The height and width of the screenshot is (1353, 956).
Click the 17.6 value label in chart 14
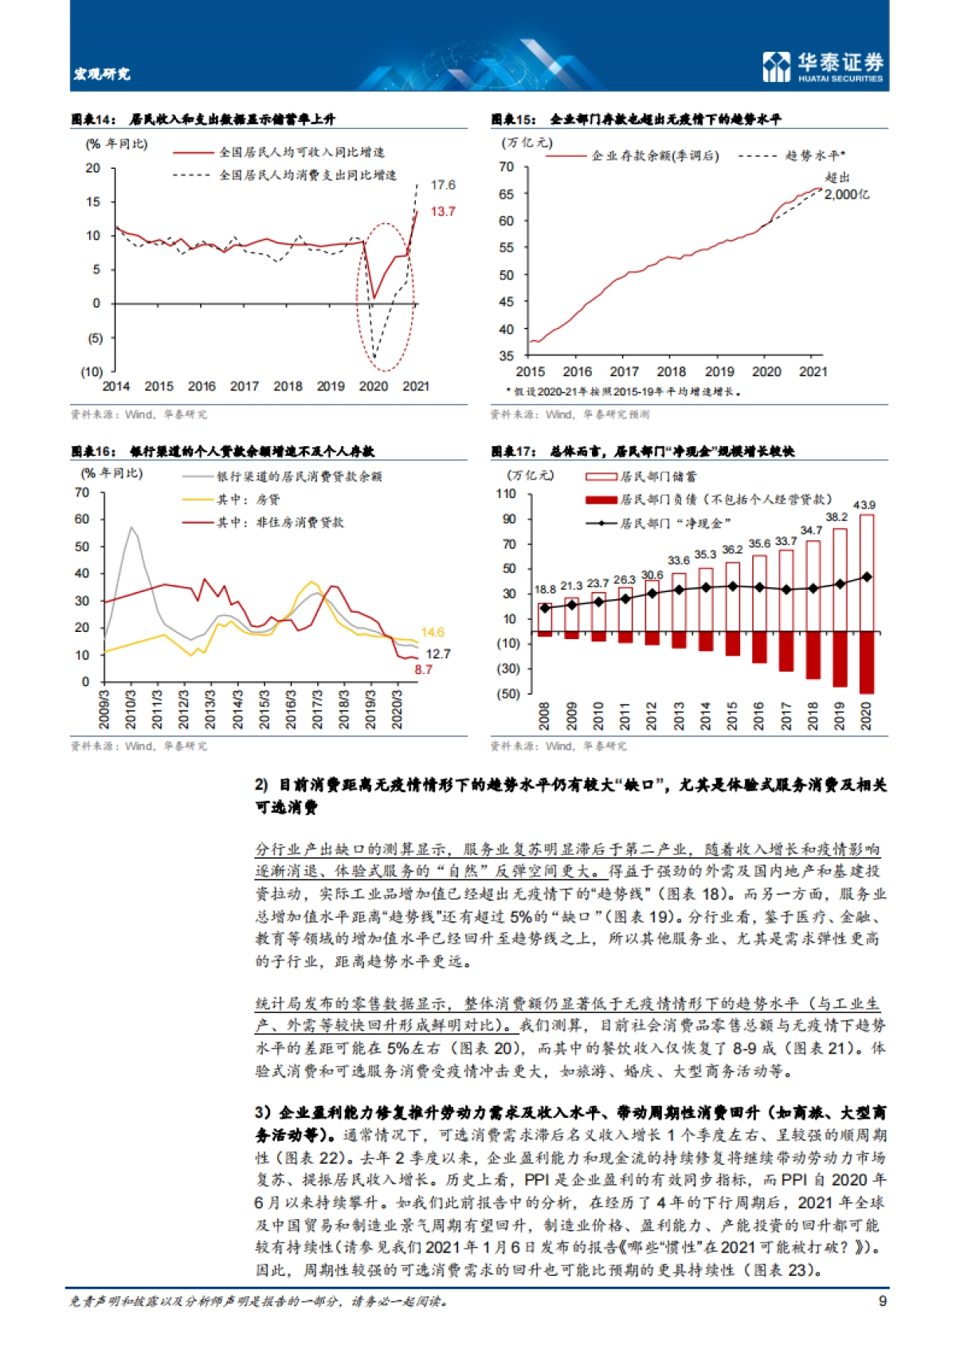click(x=443, y=185)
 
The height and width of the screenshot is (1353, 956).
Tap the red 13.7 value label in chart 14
click(x=443, y=211)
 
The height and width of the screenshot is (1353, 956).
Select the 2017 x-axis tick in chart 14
click(x=244, y=386)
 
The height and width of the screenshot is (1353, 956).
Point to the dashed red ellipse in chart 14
click(x=385, y=296)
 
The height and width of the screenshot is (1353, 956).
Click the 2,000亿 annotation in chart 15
click(x=846, y=194)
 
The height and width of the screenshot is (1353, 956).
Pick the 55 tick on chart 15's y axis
click(x=507, y=248)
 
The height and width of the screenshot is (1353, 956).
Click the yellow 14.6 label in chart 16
click(x=432, y=633)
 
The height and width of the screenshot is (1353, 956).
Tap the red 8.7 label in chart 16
click(x=423, y=669)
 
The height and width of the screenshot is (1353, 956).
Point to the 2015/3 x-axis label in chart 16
click(x=264, y=709)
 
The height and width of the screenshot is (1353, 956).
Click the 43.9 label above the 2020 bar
click(x=864, y=505)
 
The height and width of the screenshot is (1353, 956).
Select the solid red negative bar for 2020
click(x=866, y=662)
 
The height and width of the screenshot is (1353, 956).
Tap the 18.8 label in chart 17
click(x=545, y=590)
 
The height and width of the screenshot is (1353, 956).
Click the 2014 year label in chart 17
click(x=706, y=716)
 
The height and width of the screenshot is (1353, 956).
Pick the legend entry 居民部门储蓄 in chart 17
click(x=658, y=476)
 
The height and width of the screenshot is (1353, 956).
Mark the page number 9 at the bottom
click(x=882, y=1300)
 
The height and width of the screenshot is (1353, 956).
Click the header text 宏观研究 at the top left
click(x=101, y=74)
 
